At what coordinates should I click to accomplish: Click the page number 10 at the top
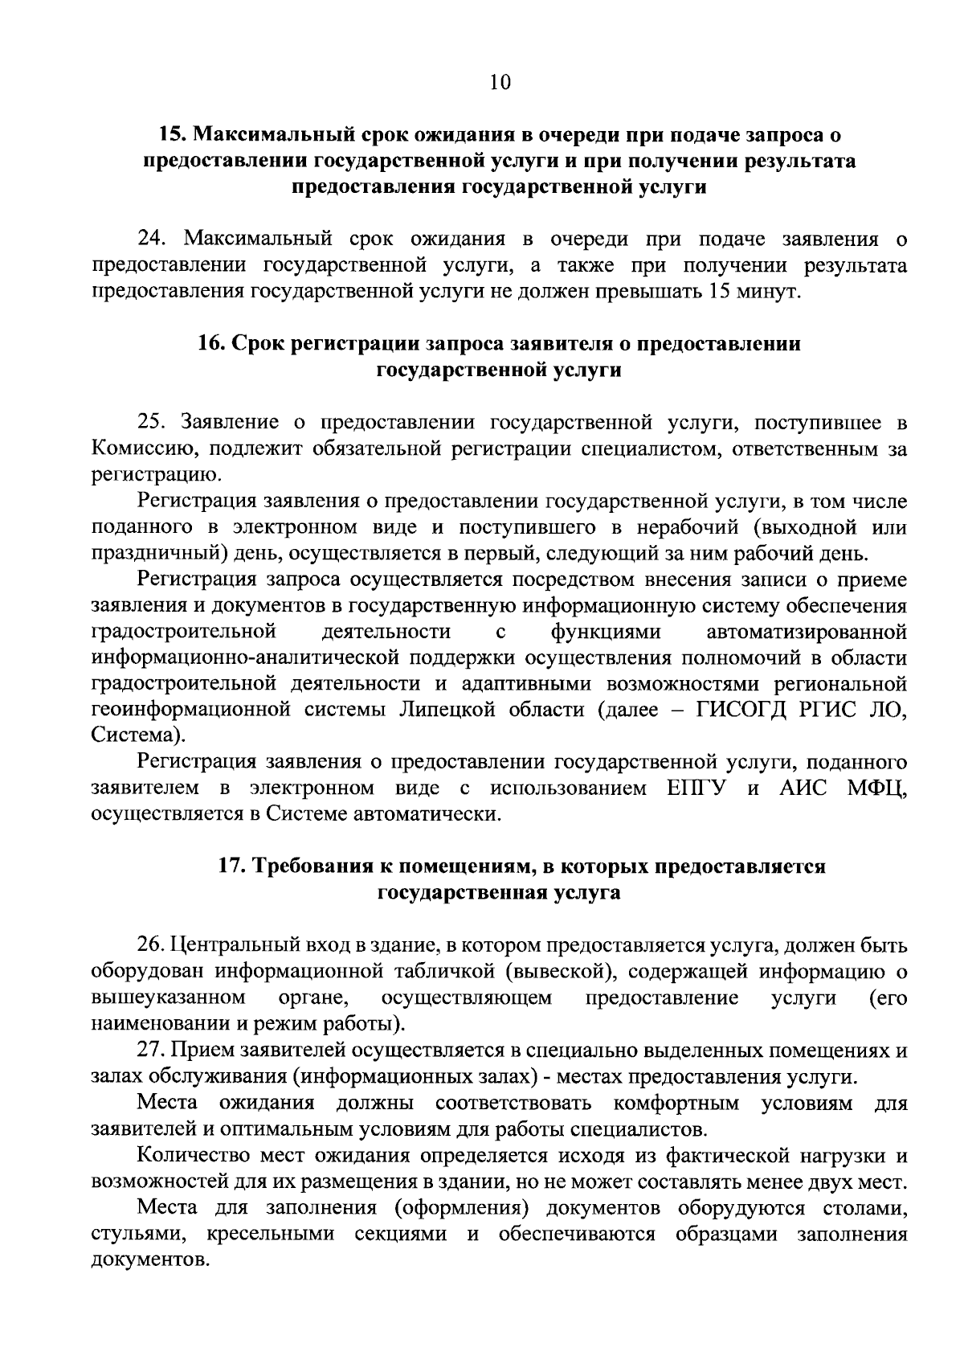tap(499, 84)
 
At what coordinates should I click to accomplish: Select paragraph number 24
tap(153, 239)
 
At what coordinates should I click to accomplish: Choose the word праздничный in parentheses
tap(143, 554)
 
